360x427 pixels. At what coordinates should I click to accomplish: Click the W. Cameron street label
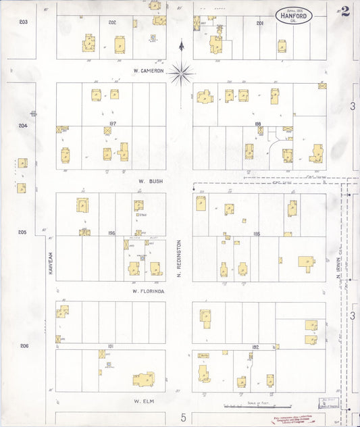coord(148,71)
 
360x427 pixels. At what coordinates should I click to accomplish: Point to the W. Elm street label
coord(145,401)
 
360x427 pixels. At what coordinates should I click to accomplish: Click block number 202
coord(112,22)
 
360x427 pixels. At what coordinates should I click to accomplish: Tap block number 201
coord(259,23)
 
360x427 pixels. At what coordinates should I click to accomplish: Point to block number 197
coord(112,124)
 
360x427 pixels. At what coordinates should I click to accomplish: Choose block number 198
coord(257,124)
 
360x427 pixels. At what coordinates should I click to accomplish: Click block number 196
coord(111,233)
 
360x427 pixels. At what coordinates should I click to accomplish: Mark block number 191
coord(111,346)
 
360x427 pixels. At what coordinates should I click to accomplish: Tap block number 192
coord(255,347)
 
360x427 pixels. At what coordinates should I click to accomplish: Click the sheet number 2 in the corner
coord(345,10)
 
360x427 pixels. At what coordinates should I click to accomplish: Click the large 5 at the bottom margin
coord(182,418)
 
